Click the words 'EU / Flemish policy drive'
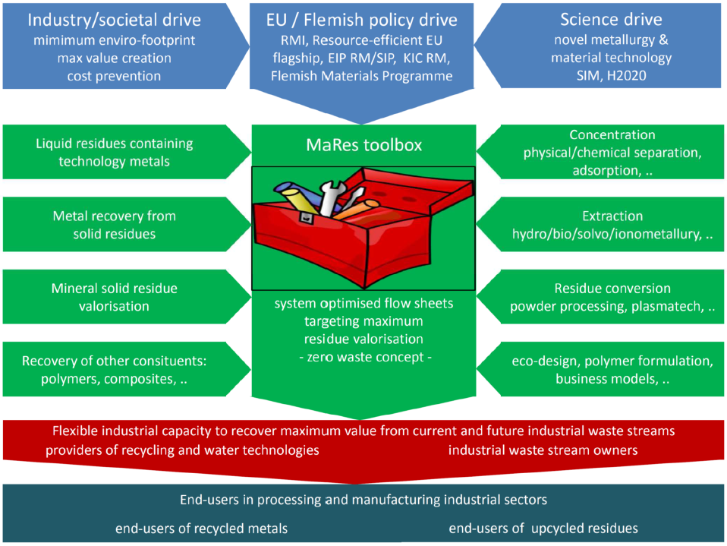pyautogui.click(x=363, y=20)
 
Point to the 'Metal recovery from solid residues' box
pyautogui.click(x=114, y=225)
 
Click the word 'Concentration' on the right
pyautogui.click(x=612, y=134)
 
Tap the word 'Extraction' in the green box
pyautogui.click(x=612, y=216)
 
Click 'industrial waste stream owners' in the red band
pyautogui.click(x=543, y=450)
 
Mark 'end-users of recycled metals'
pyautogui.click(x=201, y=528)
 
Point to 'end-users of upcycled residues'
pyautogui.click(x=543, y=528)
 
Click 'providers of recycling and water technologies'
pyautogui.click(x=181, y=450)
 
